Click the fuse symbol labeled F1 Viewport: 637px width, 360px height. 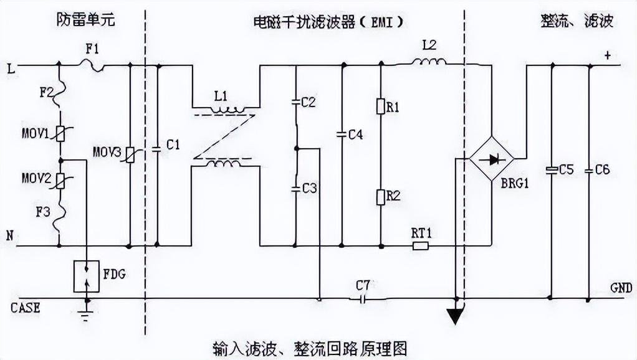(x=94, y=64)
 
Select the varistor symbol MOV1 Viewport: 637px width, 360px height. (x=60, y=133)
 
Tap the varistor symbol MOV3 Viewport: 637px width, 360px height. (x=129, y=154)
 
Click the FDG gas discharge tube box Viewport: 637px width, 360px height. (x=87, y=277)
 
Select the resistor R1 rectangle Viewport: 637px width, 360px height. (x=380, y=107)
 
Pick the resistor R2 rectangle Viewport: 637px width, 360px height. (x=380, y=197)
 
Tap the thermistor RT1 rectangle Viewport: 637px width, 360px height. (x=421, y=245)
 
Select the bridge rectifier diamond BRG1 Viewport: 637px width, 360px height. (x=491, y=159)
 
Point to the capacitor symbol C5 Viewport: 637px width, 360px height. (x=551, y=169)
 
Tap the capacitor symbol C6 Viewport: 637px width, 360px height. (x=589, y=169)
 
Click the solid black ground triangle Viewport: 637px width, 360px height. (x=456, y=316)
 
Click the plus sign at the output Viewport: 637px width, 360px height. (x=607, y=55)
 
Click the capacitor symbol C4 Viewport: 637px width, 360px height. (x=342, y=133)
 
